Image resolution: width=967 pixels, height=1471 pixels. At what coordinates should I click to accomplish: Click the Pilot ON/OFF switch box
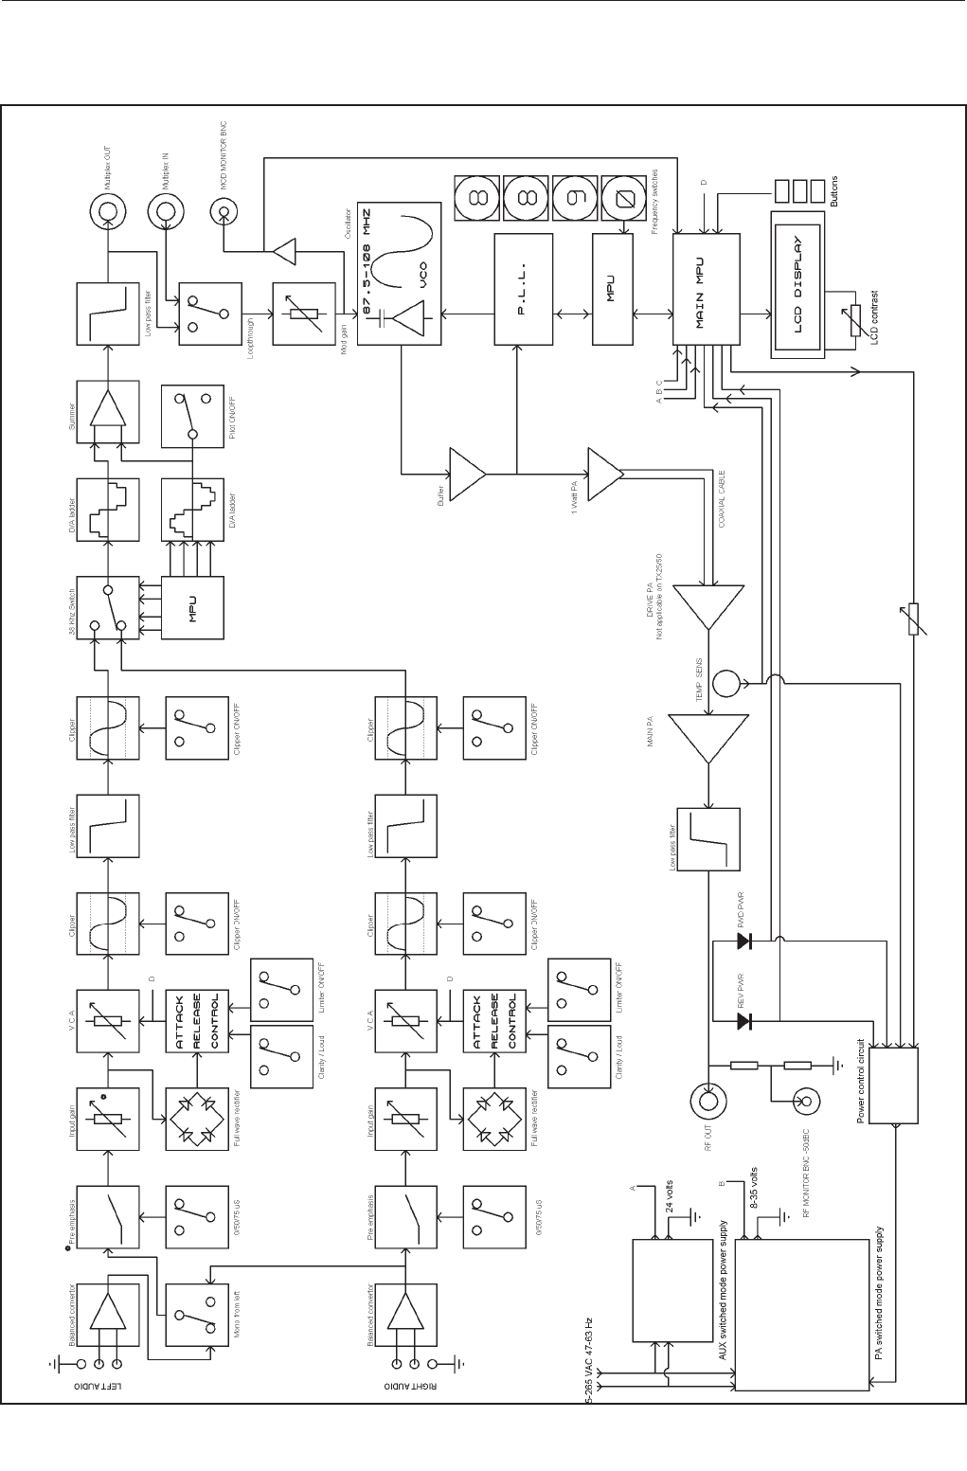point(194,414)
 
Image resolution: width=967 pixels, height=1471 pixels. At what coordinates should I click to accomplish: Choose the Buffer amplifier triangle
point(466,473)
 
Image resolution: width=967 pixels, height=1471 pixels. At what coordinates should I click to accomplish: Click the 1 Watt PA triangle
point(605,473)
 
